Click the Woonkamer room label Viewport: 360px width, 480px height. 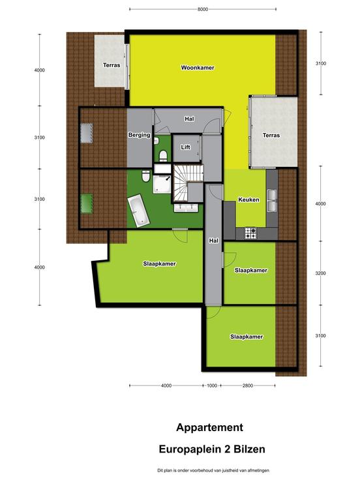point(198,68)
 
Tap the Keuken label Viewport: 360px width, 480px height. point(248,200)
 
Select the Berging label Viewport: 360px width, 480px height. point(140,135)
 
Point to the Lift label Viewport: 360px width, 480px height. point(185,147)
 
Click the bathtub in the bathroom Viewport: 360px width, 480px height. point(138,212)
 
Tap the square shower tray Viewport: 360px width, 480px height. point(162,184)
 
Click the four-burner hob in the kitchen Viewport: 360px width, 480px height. point(250,233)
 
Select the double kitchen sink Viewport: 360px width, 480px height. point(271,200)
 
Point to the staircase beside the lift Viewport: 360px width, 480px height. point(188,183)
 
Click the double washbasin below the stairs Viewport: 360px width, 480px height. point(186,208)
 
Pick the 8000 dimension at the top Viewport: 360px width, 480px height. point(203,9)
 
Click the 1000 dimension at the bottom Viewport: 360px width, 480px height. point(212,385)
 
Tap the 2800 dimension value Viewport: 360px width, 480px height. point(248,385)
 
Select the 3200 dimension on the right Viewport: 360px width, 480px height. point(320,273)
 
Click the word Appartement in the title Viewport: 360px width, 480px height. point(210,427)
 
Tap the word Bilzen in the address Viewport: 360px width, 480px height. point(250,449)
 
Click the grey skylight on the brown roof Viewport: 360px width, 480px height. point(87,133)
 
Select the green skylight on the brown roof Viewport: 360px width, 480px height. point(87,203)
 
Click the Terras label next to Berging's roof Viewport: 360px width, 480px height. point(112,65)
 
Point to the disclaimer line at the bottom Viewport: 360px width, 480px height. point(213,470)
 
